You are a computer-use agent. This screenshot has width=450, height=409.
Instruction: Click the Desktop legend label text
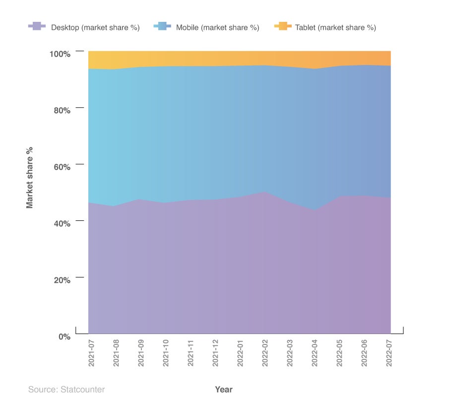95,27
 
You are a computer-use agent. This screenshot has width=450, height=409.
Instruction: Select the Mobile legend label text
217,27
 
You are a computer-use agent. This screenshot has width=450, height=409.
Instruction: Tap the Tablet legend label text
335,27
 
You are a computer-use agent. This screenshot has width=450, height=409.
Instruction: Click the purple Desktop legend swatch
37,27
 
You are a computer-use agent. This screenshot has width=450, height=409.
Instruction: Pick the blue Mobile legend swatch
162,27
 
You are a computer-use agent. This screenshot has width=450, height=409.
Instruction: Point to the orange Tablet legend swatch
282,27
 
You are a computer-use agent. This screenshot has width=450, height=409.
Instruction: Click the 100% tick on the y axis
60,53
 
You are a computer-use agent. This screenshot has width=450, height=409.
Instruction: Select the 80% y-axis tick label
62,110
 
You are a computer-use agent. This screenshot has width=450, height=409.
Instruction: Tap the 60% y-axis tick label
62,166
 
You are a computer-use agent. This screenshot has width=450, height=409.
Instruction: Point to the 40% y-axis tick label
62,223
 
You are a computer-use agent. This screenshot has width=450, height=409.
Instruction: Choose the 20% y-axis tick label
62,279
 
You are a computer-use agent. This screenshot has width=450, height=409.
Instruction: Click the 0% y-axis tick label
64,336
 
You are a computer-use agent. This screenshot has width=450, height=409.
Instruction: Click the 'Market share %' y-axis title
30,177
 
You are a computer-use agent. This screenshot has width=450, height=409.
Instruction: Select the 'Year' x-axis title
224,390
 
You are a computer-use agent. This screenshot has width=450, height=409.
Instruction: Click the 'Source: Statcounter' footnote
66,390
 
